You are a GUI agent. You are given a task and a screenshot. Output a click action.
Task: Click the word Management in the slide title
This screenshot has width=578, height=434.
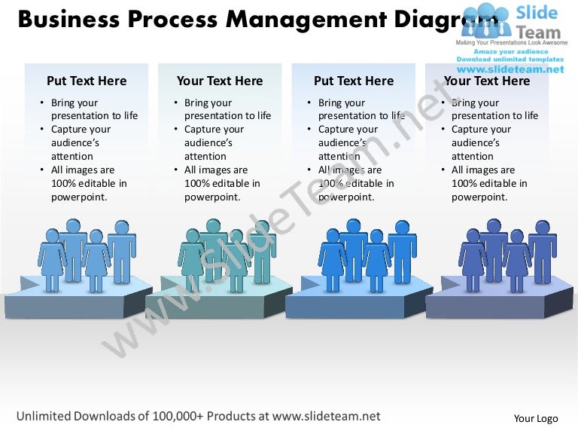pyautogui.click(x=306, y=20)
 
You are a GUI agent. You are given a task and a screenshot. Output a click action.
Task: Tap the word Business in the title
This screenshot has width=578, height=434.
pyautogui.click(x=69, y=18)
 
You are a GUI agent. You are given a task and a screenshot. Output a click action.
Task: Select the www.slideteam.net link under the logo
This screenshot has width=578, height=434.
pyautogui.click(x=510, y=69)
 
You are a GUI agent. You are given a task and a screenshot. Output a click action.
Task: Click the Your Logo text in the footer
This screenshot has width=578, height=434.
pyautogui.click(x=536, y=418)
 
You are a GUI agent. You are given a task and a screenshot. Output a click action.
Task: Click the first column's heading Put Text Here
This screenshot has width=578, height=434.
pyautogui.click(x=87, y=81)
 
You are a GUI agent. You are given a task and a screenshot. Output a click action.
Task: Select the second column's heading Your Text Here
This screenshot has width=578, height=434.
pyautogui.click(x=220, y=81)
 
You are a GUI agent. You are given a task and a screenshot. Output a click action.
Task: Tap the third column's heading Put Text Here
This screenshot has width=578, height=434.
pyautogui.click(x=354, y=81)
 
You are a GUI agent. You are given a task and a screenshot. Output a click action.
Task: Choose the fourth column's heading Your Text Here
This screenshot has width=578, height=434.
pyautogui.click(x=487, y=81)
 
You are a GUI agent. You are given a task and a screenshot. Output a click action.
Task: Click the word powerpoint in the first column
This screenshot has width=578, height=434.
pyautogui.click(x=78, y=197)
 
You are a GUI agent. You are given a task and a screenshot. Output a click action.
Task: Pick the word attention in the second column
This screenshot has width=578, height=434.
pyautogui.click(x=205, y=157)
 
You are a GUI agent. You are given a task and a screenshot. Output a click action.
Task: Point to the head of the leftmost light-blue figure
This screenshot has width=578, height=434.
pyautogui.click(x=52, y=236)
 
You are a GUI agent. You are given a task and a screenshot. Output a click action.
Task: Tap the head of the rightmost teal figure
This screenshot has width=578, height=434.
pyautogui.click(x=262, y=228)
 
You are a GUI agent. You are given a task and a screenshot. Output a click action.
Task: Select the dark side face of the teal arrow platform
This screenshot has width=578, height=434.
pyautogui.click(x=278, y=301)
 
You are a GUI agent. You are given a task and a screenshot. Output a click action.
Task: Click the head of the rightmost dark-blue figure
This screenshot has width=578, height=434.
pyautogui.click(x=543, y=228)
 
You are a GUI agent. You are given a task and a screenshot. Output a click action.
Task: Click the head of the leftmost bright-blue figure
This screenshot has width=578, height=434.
pyautogui.click(x=333, y=236)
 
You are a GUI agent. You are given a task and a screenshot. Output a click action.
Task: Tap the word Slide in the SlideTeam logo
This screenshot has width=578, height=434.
pyautogui.click(x=537, y=13)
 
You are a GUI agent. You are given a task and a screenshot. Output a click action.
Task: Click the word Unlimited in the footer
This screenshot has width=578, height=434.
pyautogui.click(x=44, y=416)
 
